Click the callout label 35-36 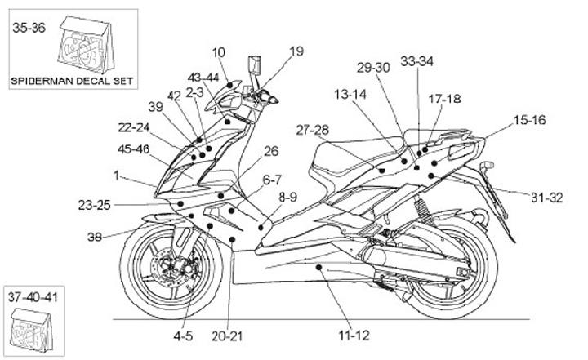point(29,28)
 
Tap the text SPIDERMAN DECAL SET point(71,81)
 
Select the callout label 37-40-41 point(33,295)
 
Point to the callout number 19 point(296,51)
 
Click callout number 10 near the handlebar point(218,53)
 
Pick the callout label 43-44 point(203,78)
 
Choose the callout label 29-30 point(373,68)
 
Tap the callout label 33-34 point(416,61)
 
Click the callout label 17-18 point(444,99)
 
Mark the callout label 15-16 point(529,119)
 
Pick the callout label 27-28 point(312,130)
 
